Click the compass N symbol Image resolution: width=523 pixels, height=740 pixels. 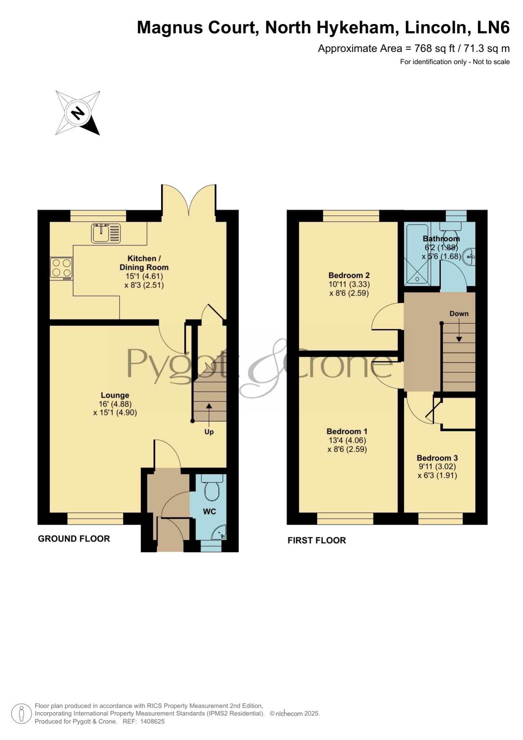pos(78,113)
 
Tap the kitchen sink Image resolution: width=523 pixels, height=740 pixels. pos(106,233)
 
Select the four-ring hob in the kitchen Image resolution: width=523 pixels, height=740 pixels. pos(61,269)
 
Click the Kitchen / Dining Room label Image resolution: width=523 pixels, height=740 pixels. pos(144,263)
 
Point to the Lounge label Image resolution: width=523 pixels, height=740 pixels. pos(115,395)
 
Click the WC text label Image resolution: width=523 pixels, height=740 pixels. pos(209,511)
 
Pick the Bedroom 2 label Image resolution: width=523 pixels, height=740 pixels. pos(349,275)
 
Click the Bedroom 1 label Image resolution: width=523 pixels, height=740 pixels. pos(347,431)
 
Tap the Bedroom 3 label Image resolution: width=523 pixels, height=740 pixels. pos(437,458)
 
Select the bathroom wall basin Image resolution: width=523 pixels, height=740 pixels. pos(469,256)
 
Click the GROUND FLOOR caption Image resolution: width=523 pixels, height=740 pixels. pos(74,538)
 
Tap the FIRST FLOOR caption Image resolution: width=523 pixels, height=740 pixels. pos(316,540)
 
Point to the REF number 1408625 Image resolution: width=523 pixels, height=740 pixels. pos(152,721)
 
